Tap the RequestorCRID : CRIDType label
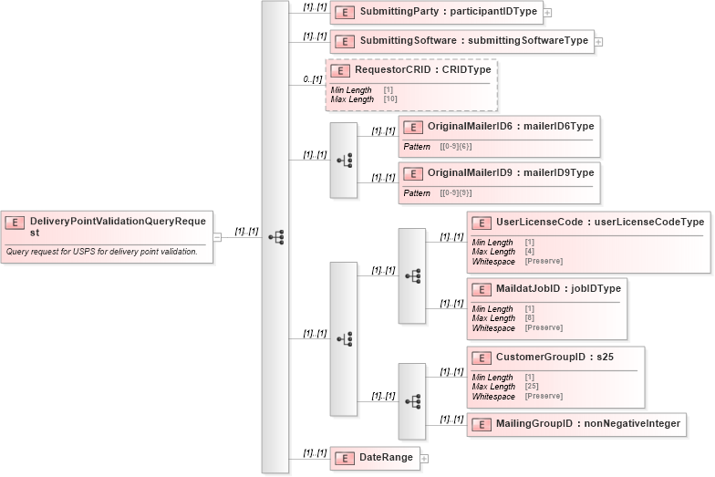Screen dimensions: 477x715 422,70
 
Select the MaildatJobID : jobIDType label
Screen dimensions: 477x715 558,289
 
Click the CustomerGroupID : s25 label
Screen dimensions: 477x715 554,358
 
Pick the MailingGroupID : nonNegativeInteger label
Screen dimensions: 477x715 587,424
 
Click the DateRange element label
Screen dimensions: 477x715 386,457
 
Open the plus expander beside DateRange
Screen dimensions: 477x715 424,458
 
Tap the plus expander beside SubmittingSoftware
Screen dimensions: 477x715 598,41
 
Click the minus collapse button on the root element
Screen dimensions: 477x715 217,238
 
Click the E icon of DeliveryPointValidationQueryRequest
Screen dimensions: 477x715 16,222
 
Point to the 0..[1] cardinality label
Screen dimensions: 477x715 313,80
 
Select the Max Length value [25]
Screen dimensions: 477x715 532,387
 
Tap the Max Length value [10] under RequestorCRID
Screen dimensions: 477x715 390,99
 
